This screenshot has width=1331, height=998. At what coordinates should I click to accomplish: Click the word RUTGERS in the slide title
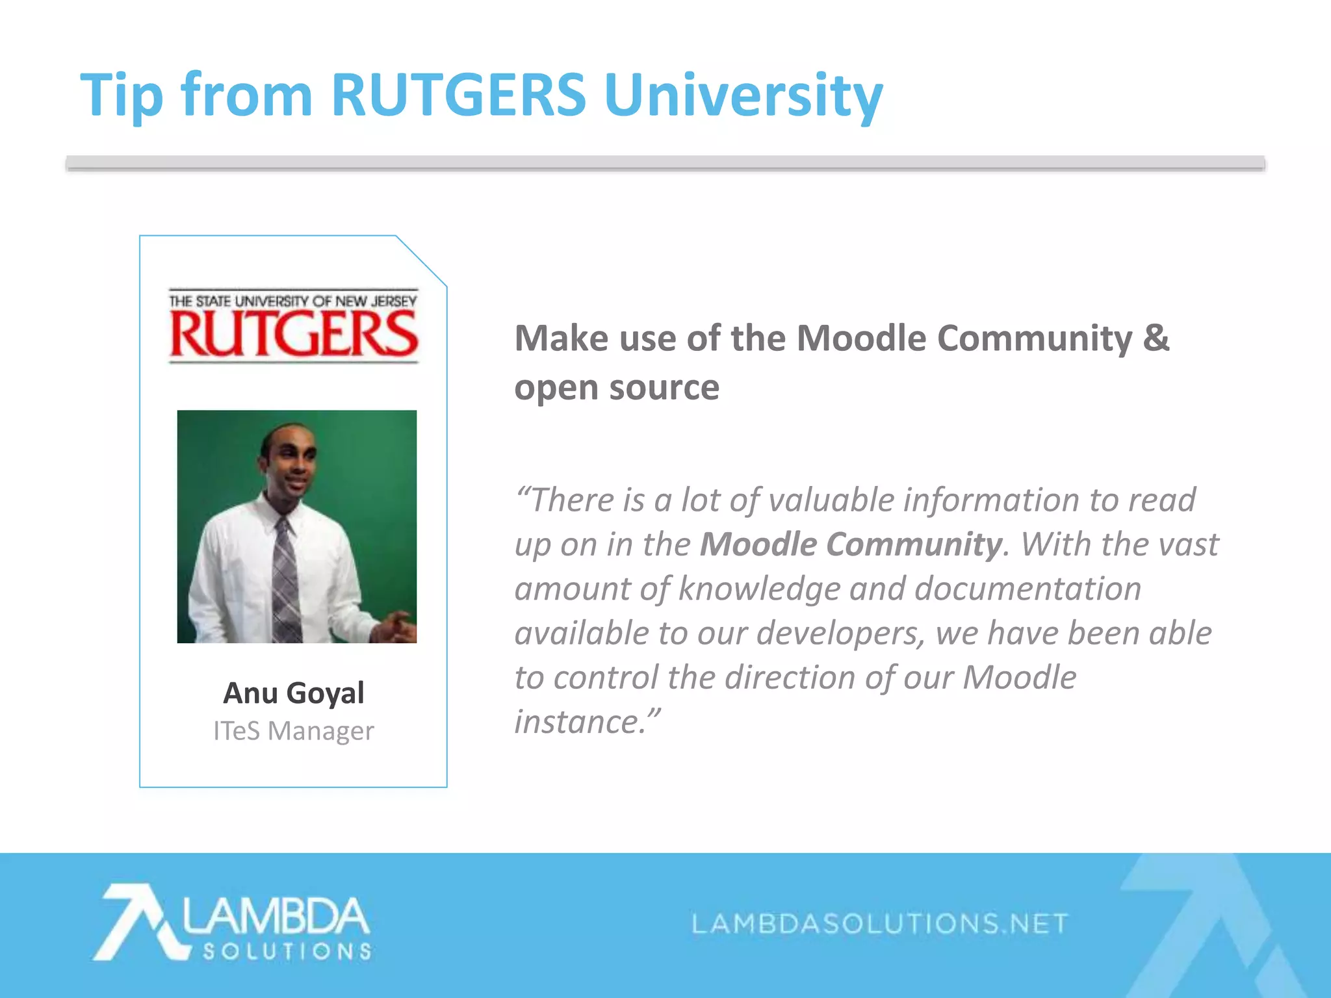[458, 96]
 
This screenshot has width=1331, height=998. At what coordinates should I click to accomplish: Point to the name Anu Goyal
[293, 693]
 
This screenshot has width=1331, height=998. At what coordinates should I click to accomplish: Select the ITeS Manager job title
[293, 731]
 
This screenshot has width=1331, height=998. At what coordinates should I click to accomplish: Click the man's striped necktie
[286, 578]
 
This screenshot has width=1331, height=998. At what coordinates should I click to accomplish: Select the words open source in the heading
[617, 388]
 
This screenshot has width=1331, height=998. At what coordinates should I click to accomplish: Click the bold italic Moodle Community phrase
[850, 544]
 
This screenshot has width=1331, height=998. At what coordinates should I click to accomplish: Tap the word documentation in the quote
[1027, 589]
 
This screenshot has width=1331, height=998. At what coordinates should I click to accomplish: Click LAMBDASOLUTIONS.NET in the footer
[879, 923]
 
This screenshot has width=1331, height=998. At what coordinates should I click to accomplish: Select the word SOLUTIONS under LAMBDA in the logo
[287, 951]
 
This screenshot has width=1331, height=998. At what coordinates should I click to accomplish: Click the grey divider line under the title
[665, 164]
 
